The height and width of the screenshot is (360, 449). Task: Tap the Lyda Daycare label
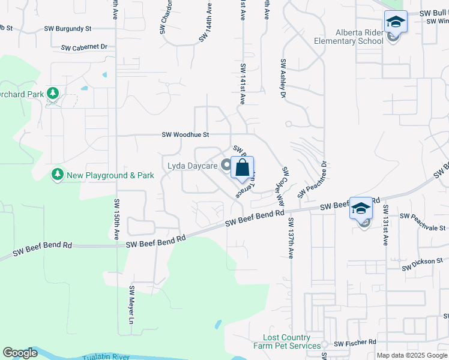tap(193, 165)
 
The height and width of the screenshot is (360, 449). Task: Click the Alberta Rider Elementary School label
tap(349, 37)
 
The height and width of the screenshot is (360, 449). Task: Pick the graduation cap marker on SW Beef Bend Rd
tap(361, 209)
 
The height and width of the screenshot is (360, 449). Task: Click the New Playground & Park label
tap(110, 175)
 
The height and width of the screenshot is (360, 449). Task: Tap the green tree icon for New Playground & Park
tap(58, 175)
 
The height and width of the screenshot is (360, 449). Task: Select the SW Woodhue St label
tap(185, 136)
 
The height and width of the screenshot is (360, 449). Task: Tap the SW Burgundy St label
tap(67, 28)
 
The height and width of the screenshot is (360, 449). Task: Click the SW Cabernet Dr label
tap(84, 47)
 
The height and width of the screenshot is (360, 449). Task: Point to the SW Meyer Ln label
tap(131, 305)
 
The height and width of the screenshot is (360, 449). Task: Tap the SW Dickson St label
tap(422, 264)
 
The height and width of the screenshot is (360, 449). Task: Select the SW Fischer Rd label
tap(355, 343)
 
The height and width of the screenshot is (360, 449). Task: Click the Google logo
tap(20, 353)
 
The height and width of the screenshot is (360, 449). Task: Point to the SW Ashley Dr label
tap(282, 77)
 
